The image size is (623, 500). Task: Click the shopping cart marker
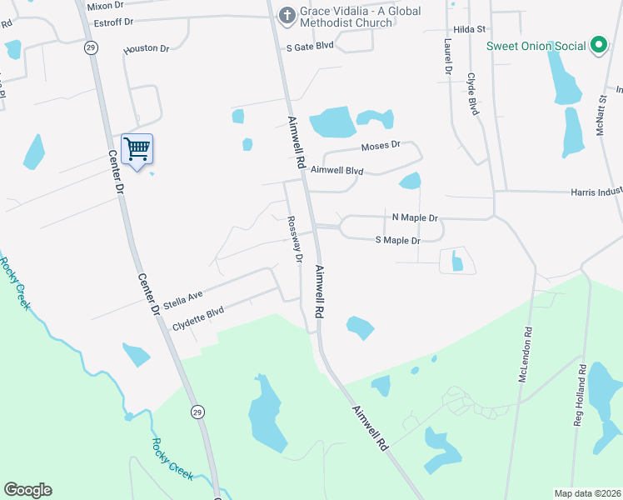click(137, 150)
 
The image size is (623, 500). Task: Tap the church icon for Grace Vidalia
click(287, 14)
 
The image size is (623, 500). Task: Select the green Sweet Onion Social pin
click(598, 46)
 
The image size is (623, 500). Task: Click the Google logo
click(27, 490)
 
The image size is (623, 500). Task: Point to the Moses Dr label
click(381, 145)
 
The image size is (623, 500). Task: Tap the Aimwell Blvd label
click(337, 170)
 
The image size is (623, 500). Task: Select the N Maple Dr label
click(415, 217)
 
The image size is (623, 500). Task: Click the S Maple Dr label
click(398, 240)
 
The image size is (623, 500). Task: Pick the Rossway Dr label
click(293, 239)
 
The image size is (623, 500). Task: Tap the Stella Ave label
click(183, 296)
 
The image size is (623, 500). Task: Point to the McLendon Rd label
click(525, 353)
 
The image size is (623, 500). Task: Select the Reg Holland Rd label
click(578, 395)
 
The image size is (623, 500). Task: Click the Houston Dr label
click(146, 49)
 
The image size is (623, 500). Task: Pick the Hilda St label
click(470, 29)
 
